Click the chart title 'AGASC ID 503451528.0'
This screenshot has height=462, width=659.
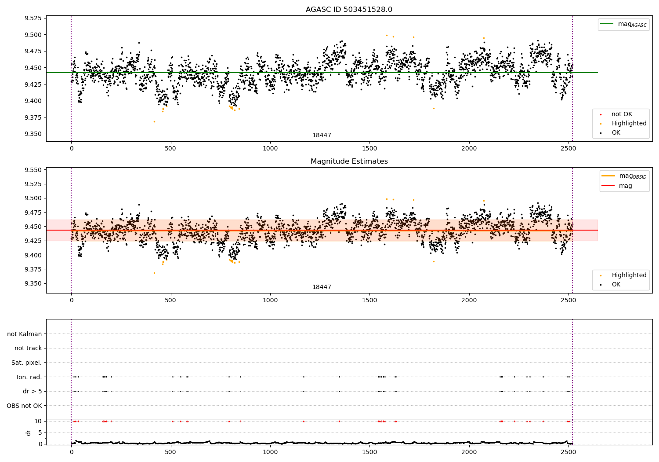click(x=349, y=10)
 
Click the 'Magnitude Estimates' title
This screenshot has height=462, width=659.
click(x=349, y=161)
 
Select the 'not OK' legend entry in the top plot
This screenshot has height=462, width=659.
click(x=621, y=114)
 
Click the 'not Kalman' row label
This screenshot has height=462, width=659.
click(x=25, y=334)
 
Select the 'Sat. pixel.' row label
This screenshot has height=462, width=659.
click(x=26, y=363)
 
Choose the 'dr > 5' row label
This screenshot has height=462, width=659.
click(x=32, y=391)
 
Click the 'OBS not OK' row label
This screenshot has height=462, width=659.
click(x=24, y=406)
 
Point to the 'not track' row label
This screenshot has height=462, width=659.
click(x=28, y=348)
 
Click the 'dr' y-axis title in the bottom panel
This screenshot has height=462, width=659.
click(x=29, y=433)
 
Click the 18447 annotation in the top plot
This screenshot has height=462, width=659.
click(x=322, y=136)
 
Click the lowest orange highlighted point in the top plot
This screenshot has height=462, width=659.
click(x=154, y=121)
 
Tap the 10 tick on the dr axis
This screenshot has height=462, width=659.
click(x=38, y=421)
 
